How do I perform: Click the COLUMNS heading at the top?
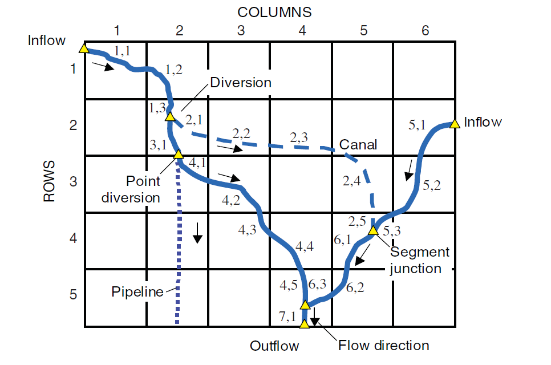pyautogui.click(x=274, y=11)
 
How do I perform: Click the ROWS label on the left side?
pyautogui.click(x=50, y=181)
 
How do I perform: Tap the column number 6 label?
pyautogui.click(x=425, y=31)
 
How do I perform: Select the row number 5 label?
pyautogui.click(x=72, y=295)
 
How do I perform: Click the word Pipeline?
pyautogui.click(x=137, y=292)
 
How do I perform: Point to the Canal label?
pyautogui.click(x=358, y=144)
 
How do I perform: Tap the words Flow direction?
pyautogui.click(x=383, y=346)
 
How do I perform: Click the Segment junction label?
pyautogui.click(x=419, y=260)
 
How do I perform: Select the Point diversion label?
pyautogui.click(x=131, y=190)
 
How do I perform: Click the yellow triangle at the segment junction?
pyautogui.click(x=372, y=230)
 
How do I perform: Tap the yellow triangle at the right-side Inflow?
pyautogui.click(x=454, y=123)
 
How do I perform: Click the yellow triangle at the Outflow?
pyautogui.click(x=304, y=324)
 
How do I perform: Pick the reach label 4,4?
pyautogui.click(x=305, y=247)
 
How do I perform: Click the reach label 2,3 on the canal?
pyautogui.click(x=299, y=137)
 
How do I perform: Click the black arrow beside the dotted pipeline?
pyautogui.click(x=197, y=232)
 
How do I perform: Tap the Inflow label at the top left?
pyautogui.click(x=47, y=40)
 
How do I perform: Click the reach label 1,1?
pyautogui.click(x=123, y=51)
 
